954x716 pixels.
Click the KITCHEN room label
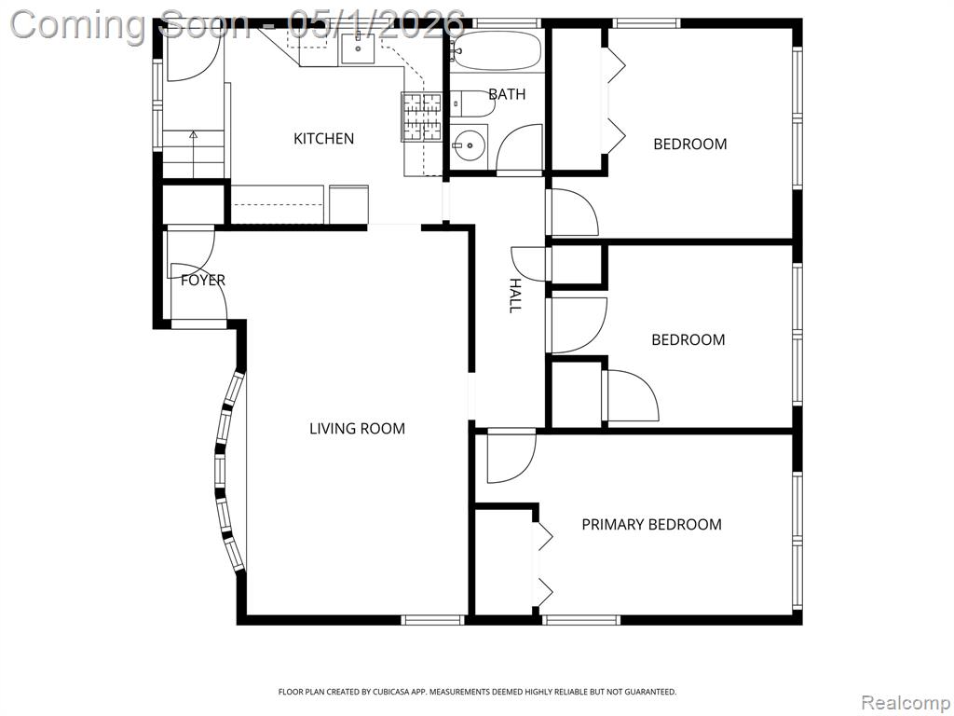(323, 139)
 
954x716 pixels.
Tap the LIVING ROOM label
(357, 429)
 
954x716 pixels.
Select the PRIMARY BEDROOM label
(651, 524)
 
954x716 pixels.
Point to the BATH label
(507, 94)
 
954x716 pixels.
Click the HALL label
(514, 296)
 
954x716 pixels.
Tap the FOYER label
(203, 280)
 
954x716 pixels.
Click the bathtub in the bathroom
(497, 50)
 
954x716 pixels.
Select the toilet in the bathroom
(472, 103)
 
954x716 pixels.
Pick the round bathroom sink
(470, 145)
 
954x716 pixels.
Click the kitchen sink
(357, 48)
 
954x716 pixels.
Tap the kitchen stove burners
(421, 117)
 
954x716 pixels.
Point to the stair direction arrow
(194, 154)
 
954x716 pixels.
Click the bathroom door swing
(519, 148)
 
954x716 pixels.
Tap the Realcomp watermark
(906, 703)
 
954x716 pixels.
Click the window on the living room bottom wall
(432, 620)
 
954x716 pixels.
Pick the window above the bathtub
(507, 23)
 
